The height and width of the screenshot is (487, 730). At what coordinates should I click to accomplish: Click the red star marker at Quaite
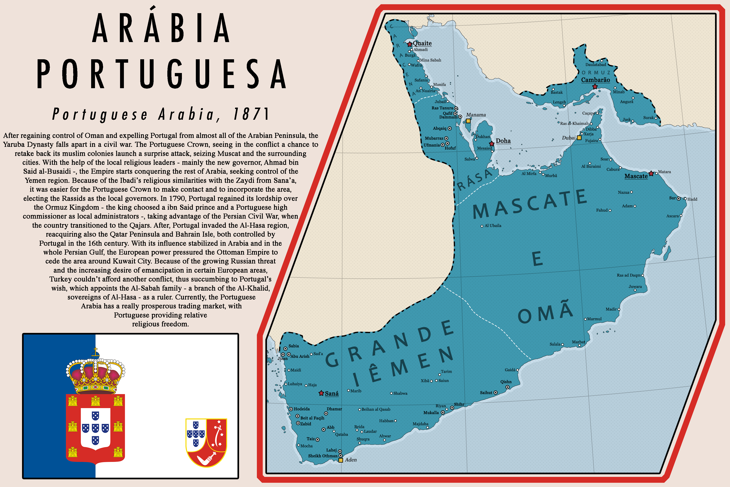(409, 44)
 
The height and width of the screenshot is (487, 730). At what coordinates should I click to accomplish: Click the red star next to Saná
(321, 393)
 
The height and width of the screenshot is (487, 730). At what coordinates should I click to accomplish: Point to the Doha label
(503, 141)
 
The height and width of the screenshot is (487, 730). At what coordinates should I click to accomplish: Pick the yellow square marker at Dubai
(579, 138)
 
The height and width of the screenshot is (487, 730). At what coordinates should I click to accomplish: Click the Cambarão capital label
(595, 80)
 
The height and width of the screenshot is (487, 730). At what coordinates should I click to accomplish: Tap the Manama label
(476, 115)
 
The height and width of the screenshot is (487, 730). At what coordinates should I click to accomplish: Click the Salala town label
(555, 344)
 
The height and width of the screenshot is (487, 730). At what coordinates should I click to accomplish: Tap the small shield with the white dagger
(206, 442)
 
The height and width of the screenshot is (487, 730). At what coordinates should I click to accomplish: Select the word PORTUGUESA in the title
(161, 75)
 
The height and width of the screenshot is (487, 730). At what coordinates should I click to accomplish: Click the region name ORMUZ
(596, 73)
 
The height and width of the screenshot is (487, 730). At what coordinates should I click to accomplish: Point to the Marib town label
(356, 391)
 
